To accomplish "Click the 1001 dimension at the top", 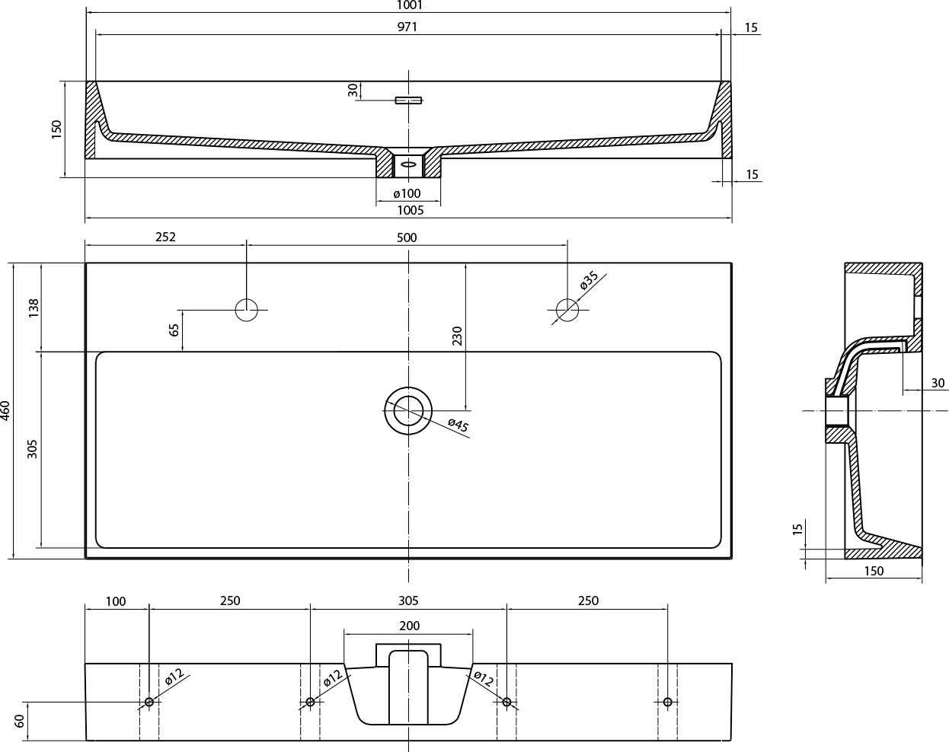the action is pyautogui.click(x=410, y=5).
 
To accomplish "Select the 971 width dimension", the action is pyautogui.click(x=407, y=27).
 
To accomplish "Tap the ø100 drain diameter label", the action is pyautogui.click(x=407, y=193).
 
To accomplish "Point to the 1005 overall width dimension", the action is pyautogui.click(x=410, y=210).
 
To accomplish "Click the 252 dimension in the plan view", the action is pyautogui.click(x=165, y=237).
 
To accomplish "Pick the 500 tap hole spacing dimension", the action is pyautogui.click(x=407, y=237).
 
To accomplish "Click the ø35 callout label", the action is pyautogui.click(x=590, y=280).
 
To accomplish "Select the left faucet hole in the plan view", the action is pyautogui.click(x=247, y=310).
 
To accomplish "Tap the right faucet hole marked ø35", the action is pyautogui.click(x=567, y=310).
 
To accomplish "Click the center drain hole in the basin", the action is pyautogui.click(x=408, y=411).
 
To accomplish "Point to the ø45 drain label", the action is pyautogui.click(x=459, y=425).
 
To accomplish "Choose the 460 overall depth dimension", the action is pyautogui.click(x=5, y=411).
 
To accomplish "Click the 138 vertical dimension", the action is pyautogui.click(x=34, y=308).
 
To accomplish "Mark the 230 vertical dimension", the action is pyautogui.click(x=457, y=336).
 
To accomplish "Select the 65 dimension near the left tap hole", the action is pyautogui.click(x=174, y=330).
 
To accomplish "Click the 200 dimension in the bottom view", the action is pyautogui.click(x=410, y=626).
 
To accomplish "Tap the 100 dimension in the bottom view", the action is pyautogui.click(x=116, y=601).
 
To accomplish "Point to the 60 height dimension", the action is pyautogui.click(x=19, y=721).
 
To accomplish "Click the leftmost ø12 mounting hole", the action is pyautogui.click(x=149, y=702).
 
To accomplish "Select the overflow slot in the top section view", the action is pyautogui.click(x=408, y=100).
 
